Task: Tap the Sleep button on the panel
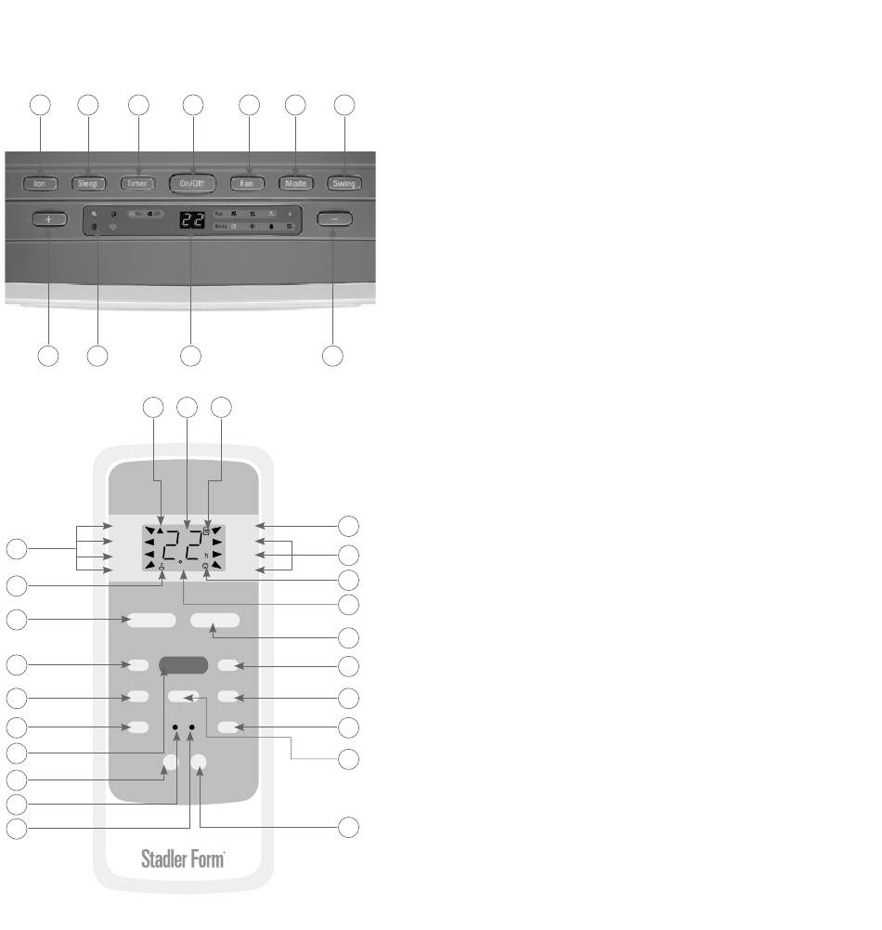click(87, 183)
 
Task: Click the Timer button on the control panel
click(138, 183)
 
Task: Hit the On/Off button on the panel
click(193, 183)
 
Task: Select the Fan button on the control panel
click(248, 183)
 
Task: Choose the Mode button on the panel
click(296, 183)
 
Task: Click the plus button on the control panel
click(48, 219)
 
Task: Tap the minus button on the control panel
click(333, 219)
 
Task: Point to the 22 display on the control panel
click(191, 221)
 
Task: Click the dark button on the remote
click(184, 665)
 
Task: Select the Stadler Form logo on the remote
click(183, 858)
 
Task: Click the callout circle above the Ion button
click(40, 105)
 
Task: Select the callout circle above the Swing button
click(344, 105)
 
